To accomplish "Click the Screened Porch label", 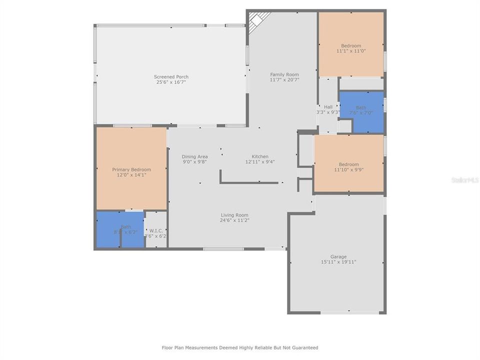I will pyautogui.click(x=171, y=76).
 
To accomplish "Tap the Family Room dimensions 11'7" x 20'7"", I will pyautogui.click(x=284, y=79).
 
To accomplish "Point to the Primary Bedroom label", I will pyautogui.click(x=131, y=169).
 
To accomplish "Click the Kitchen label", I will pyautogui.click(x=260, y=156).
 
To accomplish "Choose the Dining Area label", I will pyautogui.click(x=194, y=156).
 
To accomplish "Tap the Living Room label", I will pyautogui.click(x=234, y=215).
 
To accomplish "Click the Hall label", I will pyautogui.click(x=328, y=106).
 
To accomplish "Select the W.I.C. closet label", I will pyautogui.click(x=155, y=230).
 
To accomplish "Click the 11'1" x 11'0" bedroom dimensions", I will pyautogui.click(x=351, y=51).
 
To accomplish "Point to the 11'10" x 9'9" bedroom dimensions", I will pyautogui.click(x=348, y=169).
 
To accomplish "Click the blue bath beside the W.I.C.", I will pyautogui.click(x=120, y=230).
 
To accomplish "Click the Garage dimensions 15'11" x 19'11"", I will pyautogui.click(x=338, y=261).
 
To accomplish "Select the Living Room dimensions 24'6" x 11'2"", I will pyautogui.click(x=234, y=220).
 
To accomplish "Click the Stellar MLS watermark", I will pyautogui.click(x=464, y=179).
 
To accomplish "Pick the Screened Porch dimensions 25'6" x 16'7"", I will pyautogui.click(x=171, y=81).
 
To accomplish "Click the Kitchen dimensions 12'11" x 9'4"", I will pyautogui.click(x=260, y=161).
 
